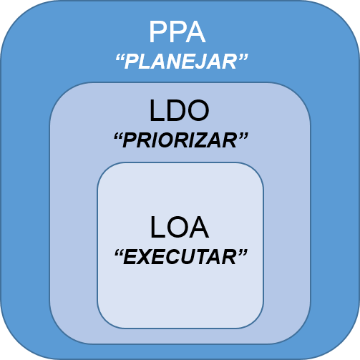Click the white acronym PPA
click(x=177, y=32)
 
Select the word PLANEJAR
click(x=180, y=62)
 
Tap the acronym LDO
click(x=179, y=111)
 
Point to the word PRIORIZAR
click(x=180, y=140)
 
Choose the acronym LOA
click(x=180, y=228)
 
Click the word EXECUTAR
click(x=180, y=257)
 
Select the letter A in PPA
click(x=195, y=32)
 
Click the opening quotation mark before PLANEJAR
click(x=120, y=57)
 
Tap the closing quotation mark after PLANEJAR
click(x=243, y=57)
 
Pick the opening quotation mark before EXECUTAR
click(x=119, y=253)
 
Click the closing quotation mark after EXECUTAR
click(x=243, y=253)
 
